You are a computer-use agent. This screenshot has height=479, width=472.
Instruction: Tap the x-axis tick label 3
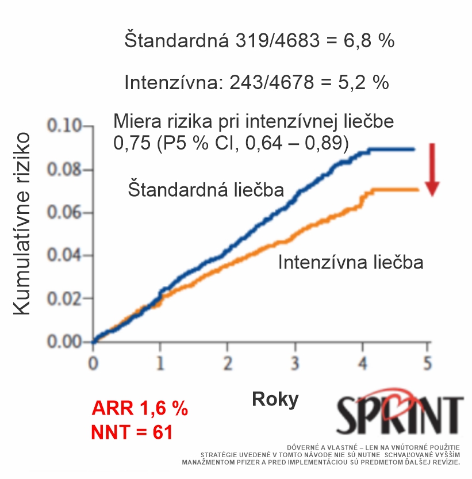(x=295, y=364)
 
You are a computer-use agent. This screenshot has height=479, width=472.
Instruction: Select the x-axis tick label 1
(x=160, y=364)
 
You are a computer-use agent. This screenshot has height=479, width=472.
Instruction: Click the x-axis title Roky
(x=275, y=399)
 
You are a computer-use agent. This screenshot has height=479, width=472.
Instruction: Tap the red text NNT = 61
(x=132, y=431)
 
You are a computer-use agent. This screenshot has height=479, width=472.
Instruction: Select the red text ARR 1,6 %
(x=140, y=409)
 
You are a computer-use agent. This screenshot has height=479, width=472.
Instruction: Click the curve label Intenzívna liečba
(x=351, y=263)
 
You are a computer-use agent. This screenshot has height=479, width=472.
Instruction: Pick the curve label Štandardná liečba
(x=205, y=190)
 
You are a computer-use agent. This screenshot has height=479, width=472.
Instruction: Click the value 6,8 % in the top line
(x=366, y=41)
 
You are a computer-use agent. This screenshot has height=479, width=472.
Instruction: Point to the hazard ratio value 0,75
(x=129, y=143)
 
